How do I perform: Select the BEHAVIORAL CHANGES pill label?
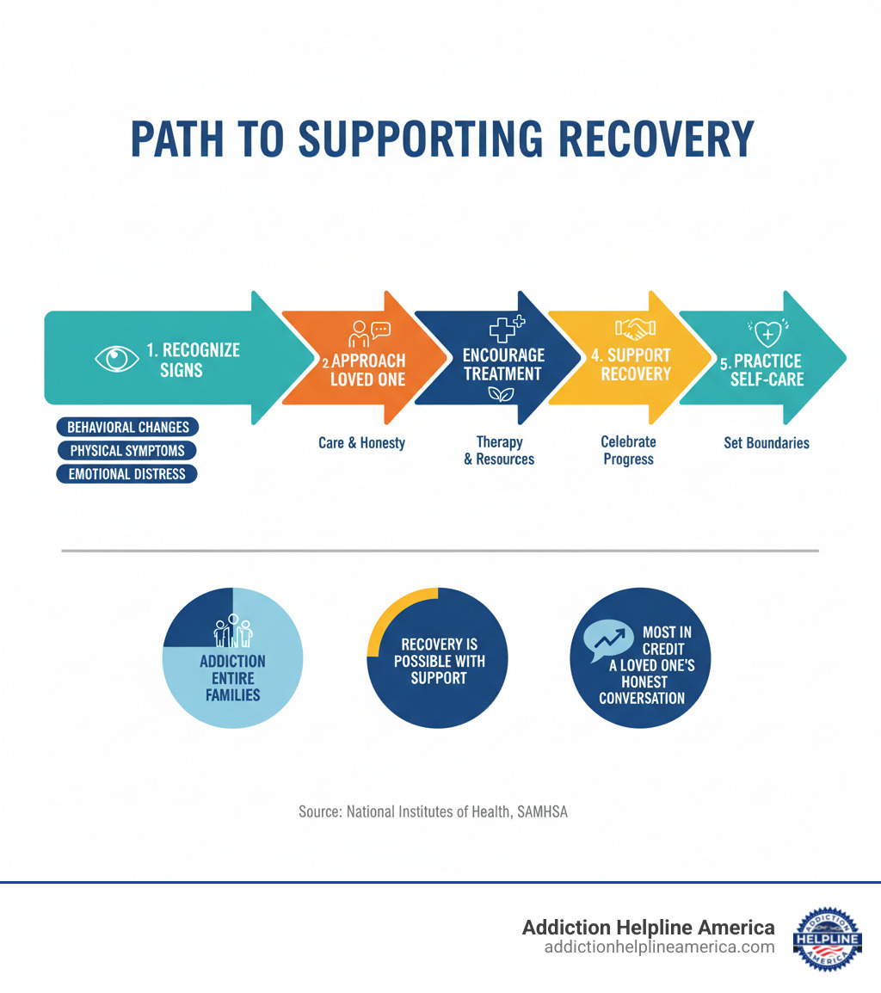click(127, 427)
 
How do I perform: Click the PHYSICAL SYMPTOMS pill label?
click(126, 450)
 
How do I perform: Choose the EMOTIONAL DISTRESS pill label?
click(126, 473)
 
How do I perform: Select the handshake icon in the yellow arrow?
click(636, 330)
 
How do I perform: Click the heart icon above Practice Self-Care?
click(766, 332)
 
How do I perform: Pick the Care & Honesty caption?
click(361, 443)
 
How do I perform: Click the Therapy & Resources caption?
click(499, 450)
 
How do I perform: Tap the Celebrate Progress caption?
click(628, 450)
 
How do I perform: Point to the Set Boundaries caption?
click(767, 443)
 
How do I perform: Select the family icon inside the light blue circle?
click(232, 632)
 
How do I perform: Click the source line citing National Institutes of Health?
click(433, 811)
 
